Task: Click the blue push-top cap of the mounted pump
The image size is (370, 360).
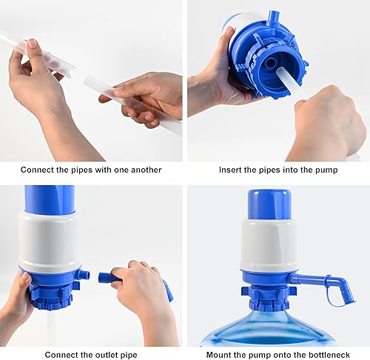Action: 268,204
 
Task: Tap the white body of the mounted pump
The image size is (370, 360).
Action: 268,244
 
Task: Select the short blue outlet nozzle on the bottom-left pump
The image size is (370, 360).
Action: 83,275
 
